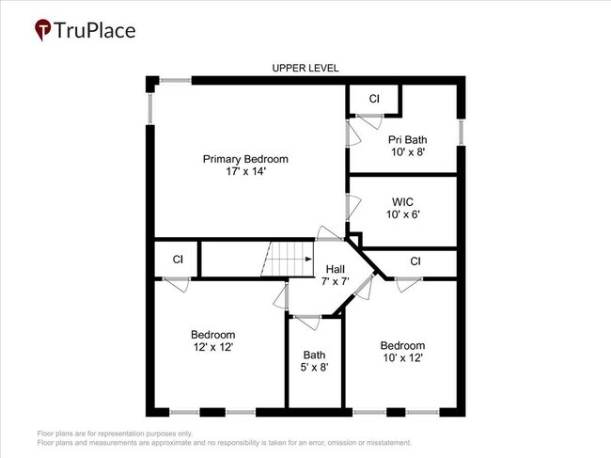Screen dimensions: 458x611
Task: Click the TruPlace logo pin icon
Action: point(42,30)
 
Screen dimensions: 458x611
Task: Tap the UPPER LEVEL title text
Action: point(305,68)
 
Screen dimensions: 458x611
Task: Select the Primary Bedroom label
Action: point(245,159)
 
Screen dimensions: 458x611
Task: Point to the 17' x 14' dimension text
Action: point(245,172)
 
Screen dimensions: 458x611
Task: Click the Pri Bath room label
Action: point(407,139)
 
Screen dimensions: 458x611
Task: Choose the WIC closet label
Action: point(402,201)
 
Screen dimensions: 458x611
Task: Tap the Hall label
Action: point(336,269)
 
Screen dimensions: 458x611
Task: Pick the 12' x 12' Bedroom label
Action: point(212,340)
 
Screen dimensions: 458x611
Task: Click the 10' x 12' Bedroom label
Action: point(402,352)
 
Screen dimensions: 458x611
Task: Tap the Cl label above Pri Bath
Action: point(374,99)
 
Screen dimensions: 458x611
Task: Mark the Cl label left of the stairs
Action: point(177,260)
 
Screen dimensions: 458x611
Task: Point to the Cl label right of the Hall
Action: point(415,261)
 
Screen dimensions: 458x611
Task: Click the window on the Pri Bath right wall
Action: point(461,131)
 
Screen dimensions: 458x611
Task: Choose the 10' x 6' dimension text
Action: point(402,214)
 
